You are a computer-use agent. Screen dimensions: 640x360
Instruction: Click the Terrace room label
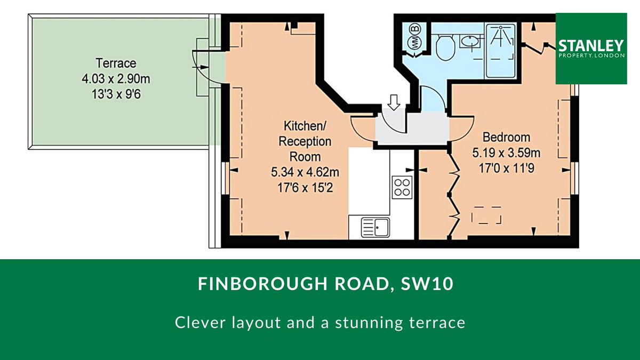click(116, 63)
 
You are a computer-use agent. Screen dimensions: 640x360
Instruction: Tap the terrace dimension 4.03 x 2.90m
click(116, 78)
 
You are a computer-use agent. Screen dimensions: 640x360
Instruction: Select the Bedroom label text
click(506, 138)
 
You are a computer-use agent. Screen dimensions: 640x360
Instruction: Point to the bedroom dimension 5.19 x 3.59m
click(506, 153)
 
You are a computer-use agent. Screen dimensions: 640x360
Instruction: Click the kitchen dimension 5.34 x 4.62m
click(305, 172)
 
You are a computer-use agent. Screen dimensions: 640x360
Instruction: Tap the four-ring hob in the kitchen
click(402, 187)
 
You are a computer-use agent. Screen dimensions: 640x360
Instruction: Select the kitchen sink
click(375, 227)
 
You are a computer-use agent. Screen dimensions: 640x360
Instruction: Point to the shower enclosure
click(501, 51)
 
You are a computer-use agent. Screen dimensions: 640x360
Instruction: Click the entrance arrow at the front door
click(394, 102)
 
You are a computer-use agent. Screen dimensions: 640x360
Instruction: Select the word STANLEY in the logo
click(591, 46)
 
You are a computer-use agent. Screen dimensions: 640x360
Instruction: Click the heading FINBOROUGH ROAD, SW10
click(326, 284)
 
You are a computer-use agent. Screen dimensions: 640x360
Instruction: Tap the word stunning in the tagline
click(370, 323)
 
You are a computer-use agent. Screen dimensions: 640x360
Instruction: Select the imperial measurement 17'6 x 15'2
click(305, 188)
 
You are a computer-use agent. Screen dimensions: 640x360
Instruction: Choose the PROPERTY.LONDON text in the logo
click(591, 55)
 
